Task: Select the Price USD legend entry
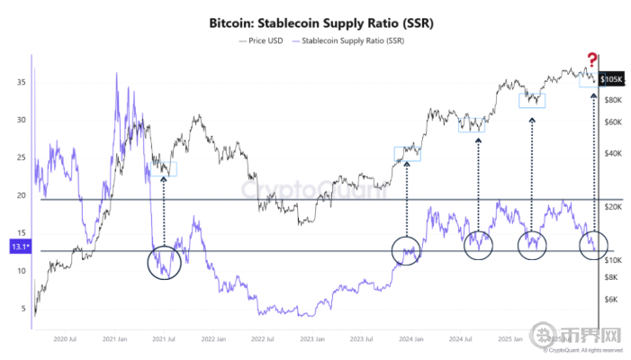click(263, 40)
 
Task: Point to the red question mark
click(592, 58)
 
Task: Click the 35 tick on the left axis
click(21, 83)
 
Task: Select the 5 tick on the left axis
click(23, 309)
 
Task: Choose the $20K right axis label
click(614, 206)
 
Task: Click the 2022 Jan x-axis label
click(212, 339)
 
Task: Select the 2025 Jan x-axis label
click(511, 339)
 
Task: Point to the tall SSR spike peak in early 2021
click(116, 75)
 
